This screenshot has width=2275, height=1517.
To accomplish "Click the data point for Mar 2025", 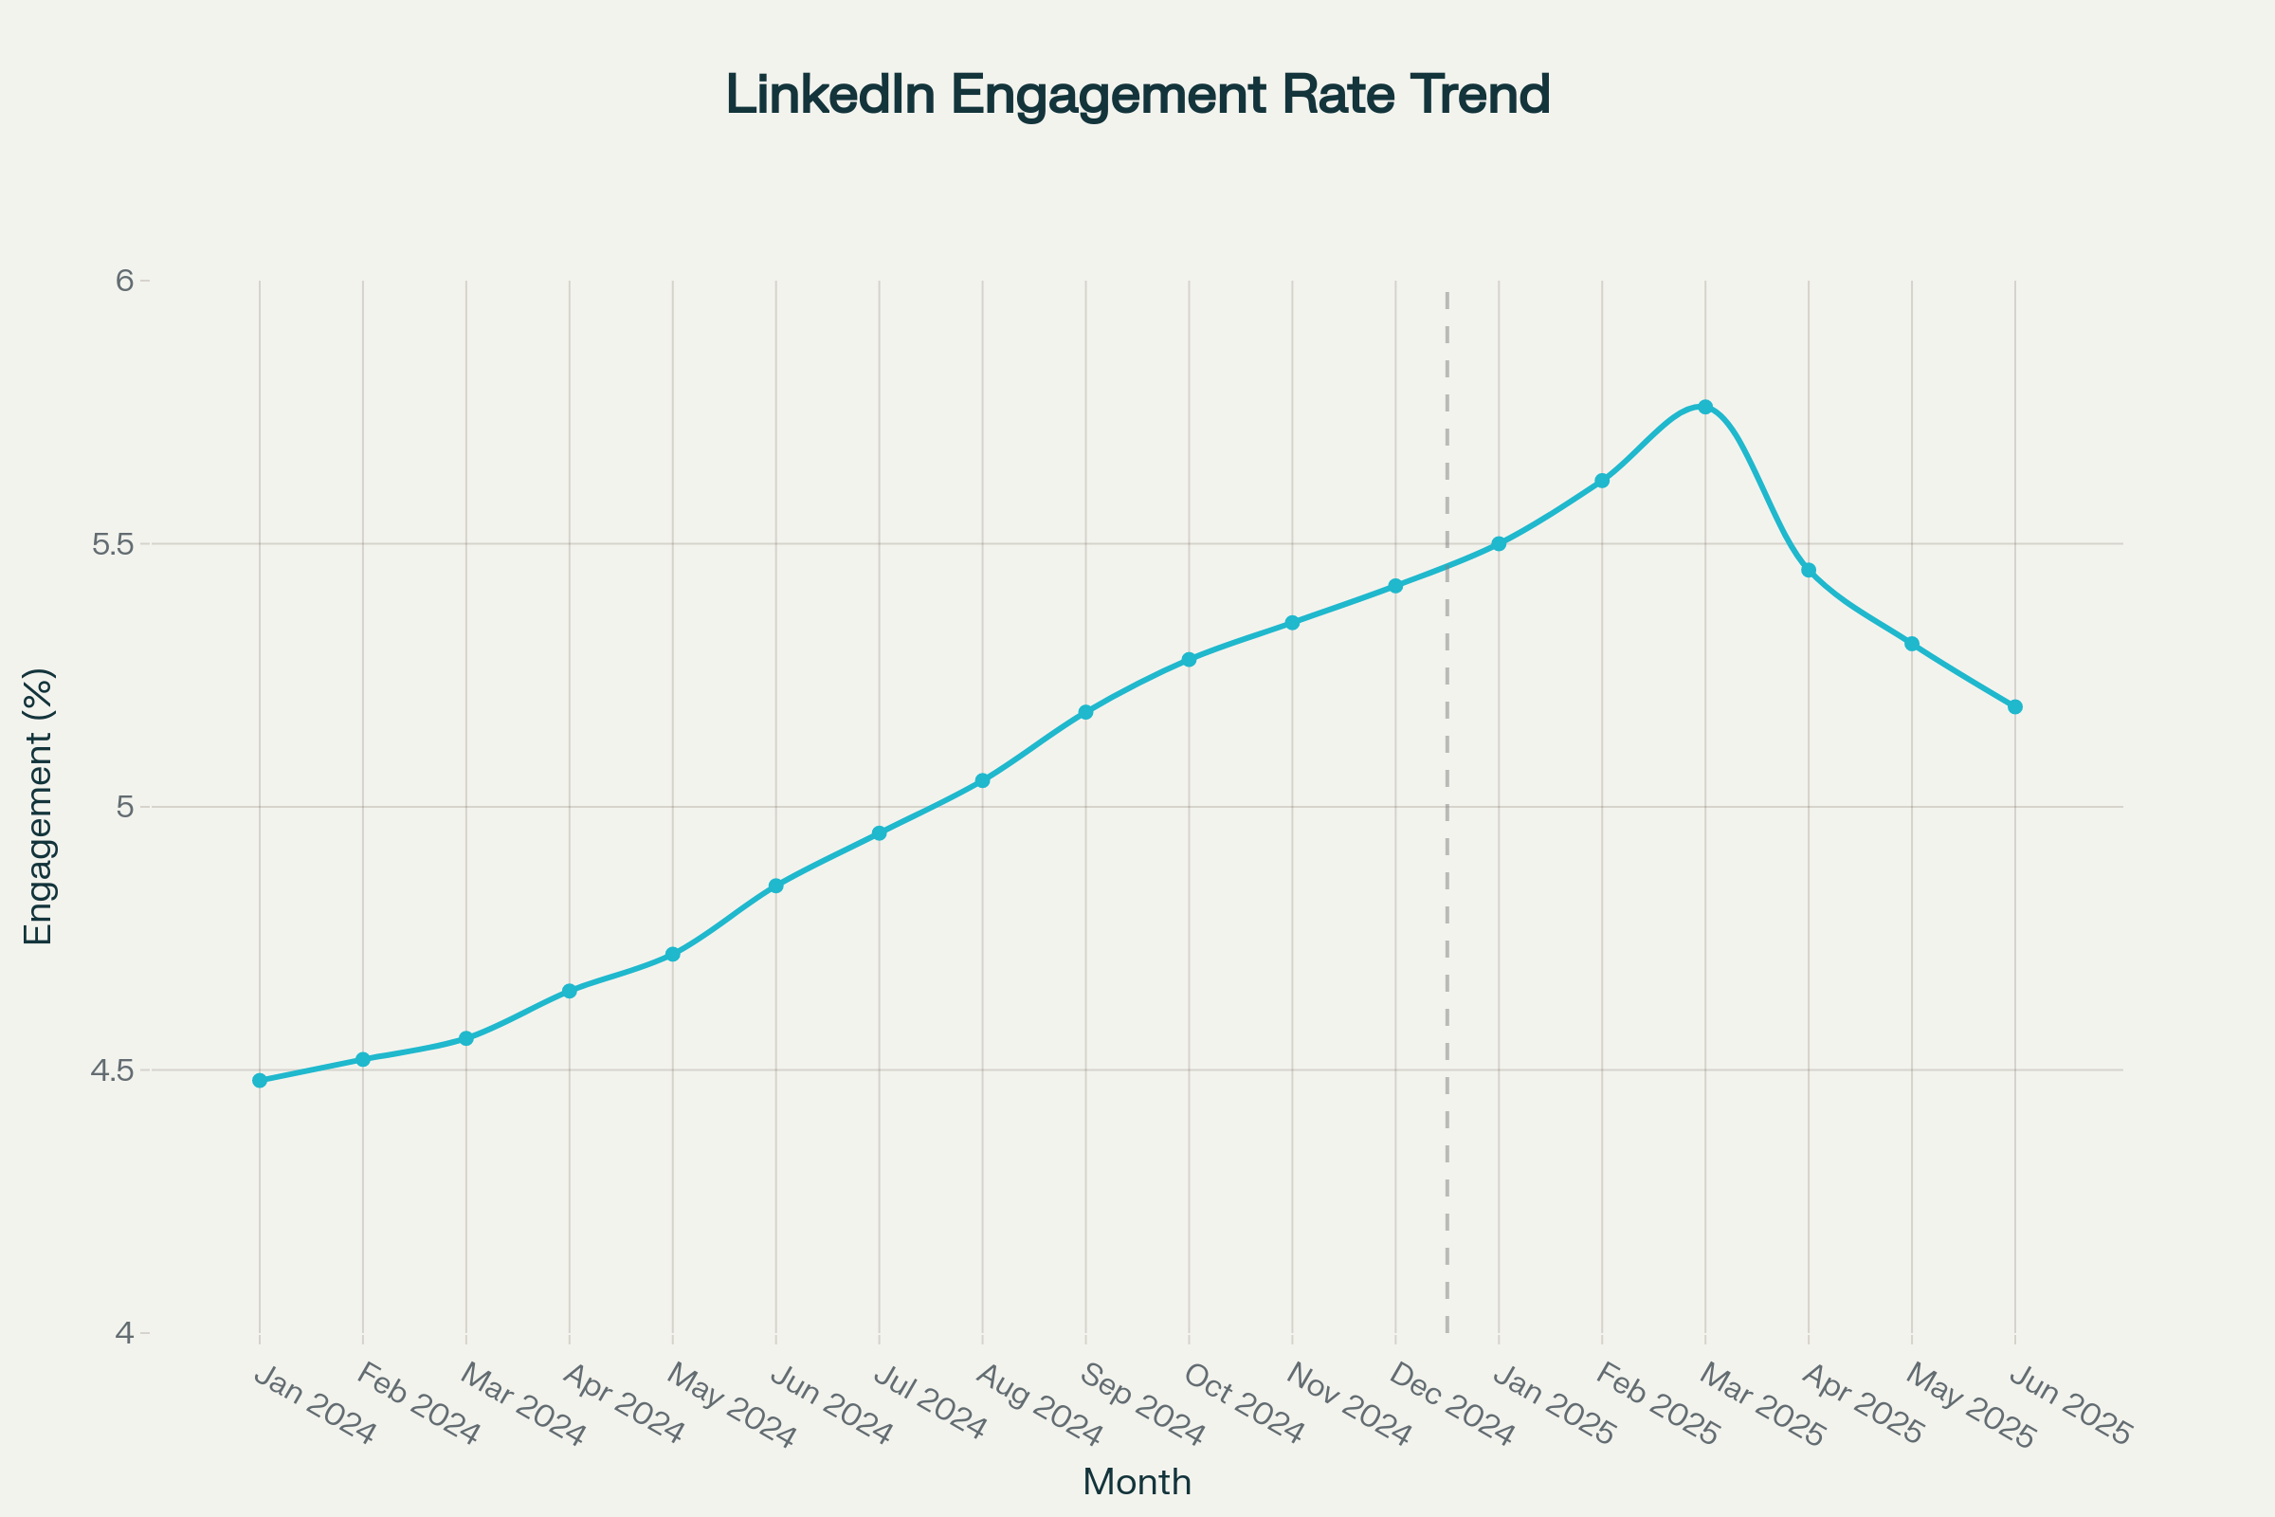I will [1705, 408].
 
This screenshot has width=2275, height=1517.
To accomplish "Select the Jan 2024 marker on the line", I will [259, 1081].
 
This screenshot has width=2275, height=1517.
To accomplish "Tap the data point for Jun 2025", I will [2015, 707].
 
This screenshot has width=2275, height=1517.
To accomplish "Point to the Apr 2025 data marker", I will [1809, 571].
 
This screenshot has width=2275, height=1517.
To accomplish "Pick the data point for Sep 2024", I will [1085, 712].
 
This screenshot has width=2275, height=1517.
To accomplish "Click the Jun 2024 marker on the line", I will [775, 886].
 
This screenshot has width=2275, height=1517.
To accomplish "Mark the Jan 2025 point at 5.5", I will [1500, 543].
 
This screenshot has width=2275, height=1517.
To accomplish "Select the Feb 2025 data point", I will [1602, 481].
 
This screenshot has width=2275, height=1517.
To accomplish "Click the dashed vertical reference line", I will [1447, 870].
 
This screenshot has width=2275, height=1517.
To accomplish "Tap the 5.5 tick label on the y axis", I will [111, 543].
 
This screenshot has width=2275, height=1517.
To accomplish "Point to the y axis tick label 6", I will [124, 281].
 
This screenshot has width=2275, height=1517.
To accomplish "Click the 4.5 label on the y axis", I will [111, 1070].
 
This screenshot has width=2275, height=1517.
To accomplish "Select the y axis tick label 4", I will [124, 1334].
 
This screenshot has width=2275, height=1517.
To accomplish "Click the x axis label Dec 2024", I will [1451, 1405].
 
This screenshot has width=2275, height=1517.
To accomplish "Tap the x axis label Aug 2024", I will [1039, 1405].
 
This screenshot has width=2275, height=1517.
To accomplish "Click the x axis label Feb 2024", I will [417, 1405].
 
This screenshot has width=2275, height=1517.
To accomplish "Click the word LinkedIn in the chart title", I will [830, 95].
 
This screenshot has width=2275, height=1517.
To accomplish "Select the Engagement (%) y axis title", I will [39, 806].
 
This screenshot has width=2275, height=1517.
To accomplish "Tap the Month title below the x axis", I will [1137, 1482].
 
